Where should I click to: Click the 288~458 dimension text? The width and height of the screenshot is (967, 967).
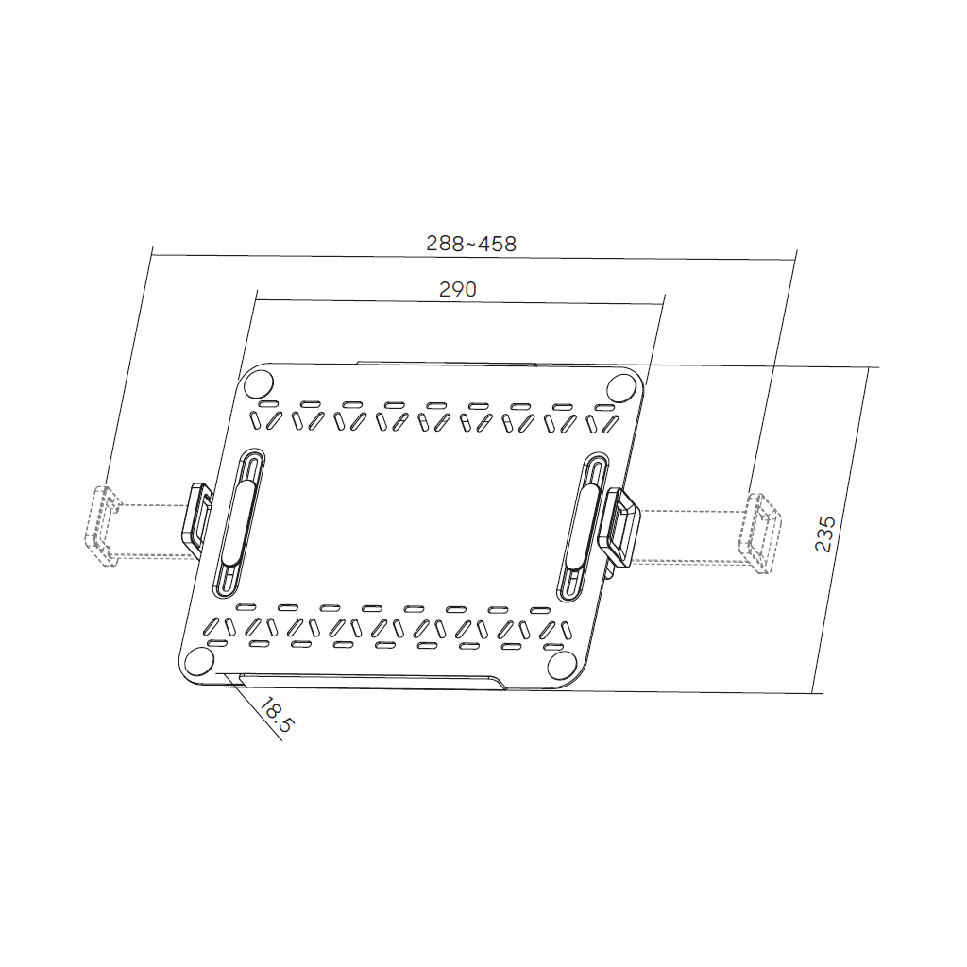(x=471, y=244)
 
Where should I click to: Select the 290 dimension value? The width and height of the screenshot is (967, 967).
(x=458, y=290)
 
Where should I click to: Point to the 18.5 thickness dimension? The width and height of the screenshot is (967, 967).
(x=278, y=715)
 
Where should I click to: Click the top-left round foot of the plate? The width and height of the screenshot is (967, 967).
(x=258, y=384)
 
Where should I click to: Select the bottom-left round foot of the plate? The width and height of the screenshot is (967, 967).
(x=199, y=663)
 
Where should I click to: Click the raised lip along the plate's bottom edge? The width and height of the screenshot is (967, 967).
(x=368, y=680)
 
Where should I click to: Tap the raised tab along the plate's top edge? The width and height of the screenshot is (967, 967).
(x=446, y=363)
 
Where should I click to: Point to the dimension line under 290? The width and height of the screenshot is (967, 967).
(x=460, y=302)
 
